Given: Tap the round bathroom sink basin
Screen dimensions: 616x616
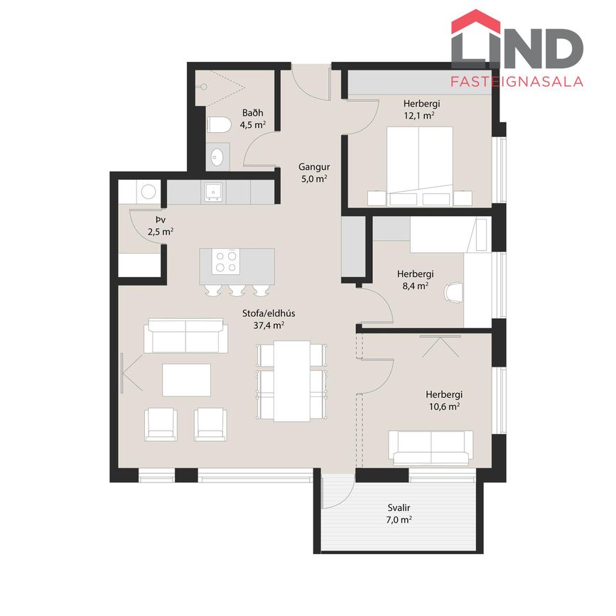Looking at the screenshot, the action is click(x=217, y=157).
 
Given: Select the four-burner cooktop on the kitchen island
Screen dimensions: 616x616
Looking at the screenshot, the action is click(x=225, y=261).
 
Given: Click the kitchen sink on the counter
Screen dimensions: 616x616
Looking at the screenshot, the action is click(x=213, y=192).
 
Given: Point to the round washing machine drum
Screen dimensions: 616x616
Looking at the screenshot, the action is click(x=148, y=192).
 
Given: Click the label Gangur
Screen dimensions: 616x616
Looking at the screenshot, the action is click(x=314, y=167).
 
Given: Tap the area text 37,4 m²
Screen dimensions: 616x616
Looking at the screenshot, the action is click(x=269, y=325).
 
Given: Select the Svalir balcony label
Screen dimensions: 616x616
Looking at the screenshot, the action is click(x=399, y=508).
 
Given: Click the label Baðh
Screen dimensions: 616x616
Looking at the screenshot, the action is click(x=253, y=113).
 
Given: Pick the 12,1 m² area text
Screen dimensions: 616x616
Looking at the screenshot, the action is click(x=419, y=116).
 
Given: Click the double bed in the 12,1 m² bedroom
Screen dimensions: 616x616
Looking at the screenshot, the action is click(x=420, y=166).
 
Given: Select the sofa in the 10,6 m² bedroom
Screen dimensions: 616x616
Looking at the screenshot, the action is click(x=431, y=448).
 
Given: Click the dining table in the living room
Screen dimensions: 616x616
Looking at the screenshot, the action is click(x=292, y=381).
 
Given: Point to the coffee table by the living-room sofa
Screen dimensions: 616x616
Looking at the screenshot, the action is click(x=187, y=380).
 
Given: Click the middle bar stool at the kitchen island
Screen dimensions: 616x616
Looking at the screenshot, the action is click(x=237, y=290).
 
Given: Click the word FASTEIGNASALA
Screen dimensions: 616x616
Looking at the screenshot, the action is click(x=517, y=81).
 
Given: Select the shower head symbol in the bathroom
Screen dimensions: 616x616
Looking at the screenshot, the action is click(x=203, y=87).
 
